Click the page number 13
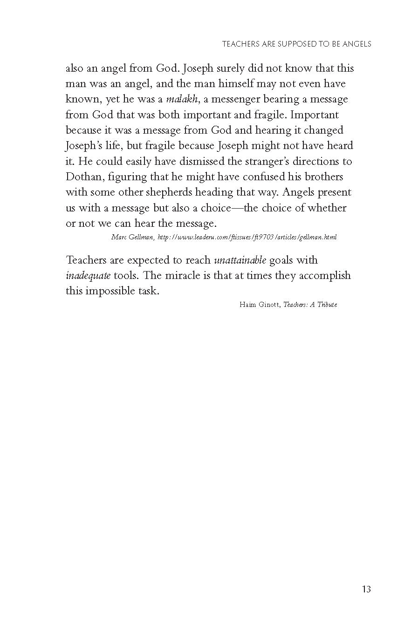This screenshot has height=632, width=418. click(366, 589)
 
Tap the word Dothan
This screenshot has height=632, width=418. click(81, 177)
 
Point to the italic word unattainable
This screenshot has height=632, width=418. click(240, 260)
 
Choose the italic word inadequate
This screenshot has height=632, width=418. click(88, 275)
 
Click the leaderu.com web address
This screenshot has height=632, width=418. click(247, 237)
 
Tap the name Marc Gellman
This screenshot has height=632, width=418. click(132, 237)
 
